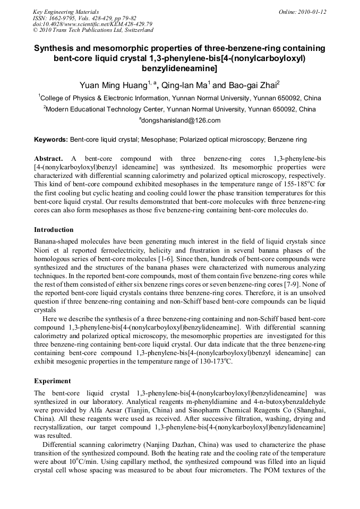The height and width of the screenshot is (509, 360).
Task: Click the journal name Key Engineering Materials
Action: [66, 12]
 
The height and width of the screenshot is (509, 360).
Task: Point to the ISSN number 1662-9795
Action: [62, 18]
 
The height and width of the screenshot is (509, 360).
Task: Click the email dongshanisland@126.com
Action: [181, 121]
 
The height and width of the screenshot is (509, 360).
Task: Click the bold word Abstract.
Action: [48, 159]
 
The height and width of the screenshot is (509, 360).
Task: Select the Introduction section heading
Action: [54, 230]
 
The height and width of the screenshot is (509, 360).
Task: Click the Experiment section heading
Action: [52, 381]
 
